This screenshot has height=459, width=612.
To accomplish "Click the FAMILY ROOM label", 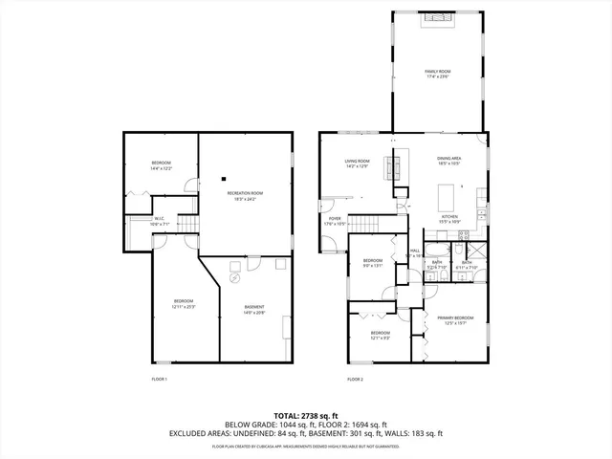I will pyautogui.click(x=438, y=74).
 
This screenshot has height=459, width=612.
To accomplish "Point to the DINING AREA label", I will pyautogui.click(x=449, y=160).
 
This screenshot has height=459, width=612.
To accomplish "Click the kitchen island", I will pyautogui.click(x=446, y=197).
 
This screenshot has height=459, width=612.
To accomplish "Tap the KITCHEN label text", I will pyautogui.click(x=448, y=218).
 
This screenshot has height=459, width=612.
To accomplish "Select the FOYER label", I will pyautogui.click(x=335, y=221).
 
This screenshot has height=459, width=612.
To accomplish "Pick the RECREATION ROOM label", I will pyautogui.click(x=245, y=195).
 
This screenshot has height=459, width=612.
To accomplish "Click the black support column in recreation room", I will pyautogui.click(x=223, y=177).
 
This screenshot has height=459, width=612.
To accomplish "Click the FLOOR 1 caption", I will pyautogui.click(x=160, y=380).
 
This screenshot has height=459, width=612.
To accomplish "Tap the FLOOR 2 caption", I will pyautogui.click(x=355, y=380).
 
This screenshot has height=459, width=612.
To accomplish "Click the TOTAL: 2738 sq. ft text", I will pyautogui.click(x=306, y=415).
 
